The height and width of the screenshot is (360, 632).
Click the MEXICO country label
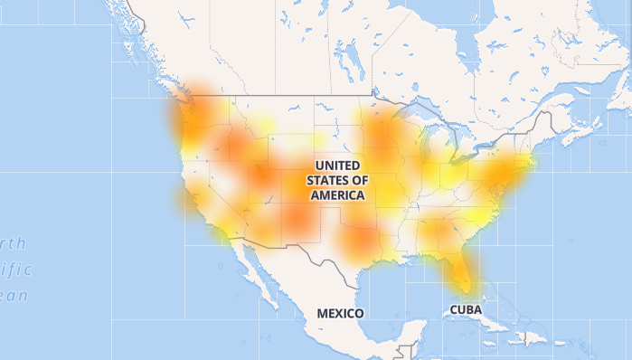340,313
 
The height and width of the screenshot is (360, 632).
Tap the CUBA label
466,309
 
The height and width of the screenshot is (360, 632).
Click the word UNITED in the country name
338,166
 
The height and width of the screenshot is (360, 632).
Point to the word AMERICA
338,194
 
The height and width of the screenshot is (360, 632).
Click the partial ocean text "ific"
15,269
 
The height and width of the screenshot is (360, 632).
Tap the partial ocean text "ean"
14,295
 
